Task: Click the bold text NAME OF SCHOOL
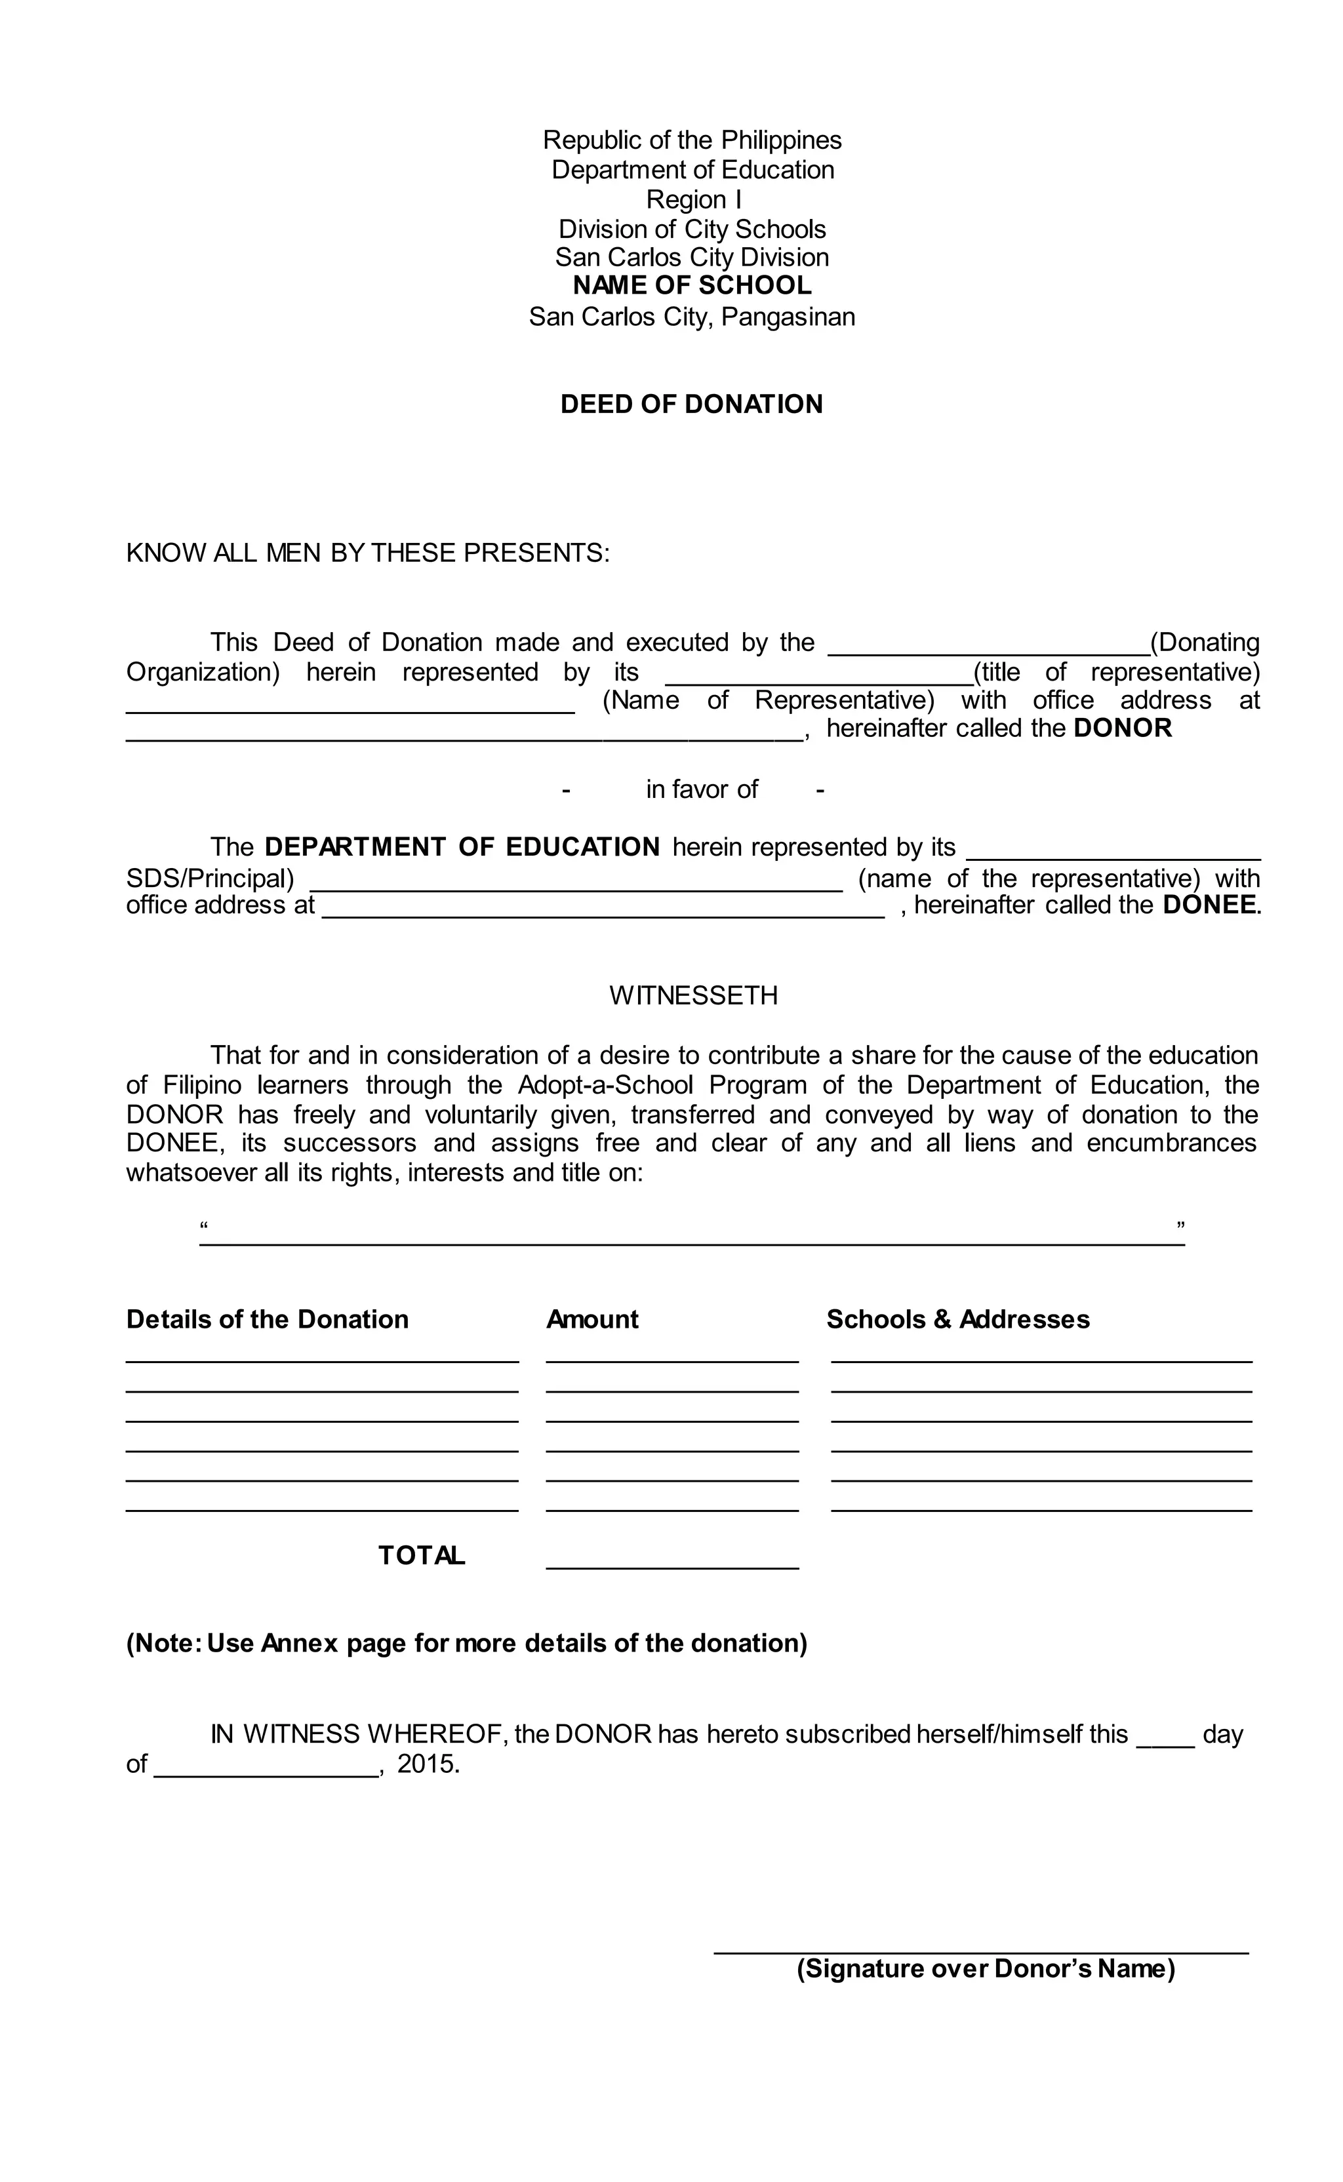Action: point(691,286)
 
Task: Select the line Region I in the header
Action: point(693,199)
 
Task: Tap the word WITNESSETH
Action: point(693,995)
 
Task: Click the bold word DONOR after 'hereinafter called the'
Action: point(1123,728)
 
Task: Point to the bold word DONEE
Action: point(1210,905)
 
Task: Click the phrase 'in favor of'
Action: point(701,789)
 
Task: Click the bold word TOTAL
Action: point(421,1555)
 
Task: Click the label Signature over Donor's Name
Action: point(985,1969)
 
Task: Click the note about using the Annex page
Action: point(466,1643)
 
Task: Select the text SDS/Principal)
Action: point(210,879)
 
